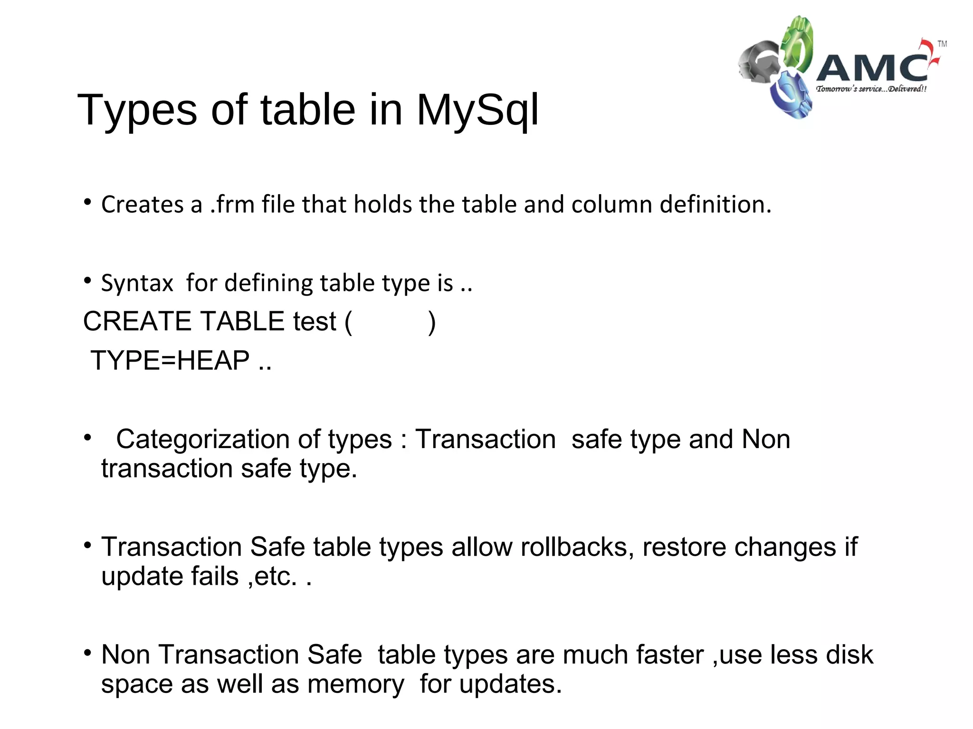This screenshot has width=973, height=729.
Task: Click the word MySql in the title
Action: [x=477, y=111]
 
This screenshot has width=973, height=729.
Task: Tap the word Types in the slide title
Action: [x=137, y=111]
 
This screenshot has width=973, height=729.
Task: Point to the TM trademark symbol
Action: [x=942, y=44]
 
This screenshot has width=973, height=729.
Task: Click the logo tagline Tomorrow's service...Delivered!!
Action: [x=871, y=89]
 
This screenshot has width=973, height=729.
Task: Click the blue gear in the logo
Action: [x=790, y=95]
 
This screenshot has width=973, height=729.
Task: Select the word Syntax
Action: [x=137, y=283]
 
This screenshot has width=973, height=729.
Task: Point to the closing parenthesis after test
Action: [x=431, y=322]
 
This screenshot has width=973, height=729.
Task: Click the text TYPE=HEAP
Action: [x=170, y=360]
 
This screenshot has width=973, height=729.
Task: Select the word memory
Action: [x=356, y=684]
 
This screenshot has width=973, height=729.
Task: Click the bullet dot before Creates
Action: [x=87, y=203]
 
